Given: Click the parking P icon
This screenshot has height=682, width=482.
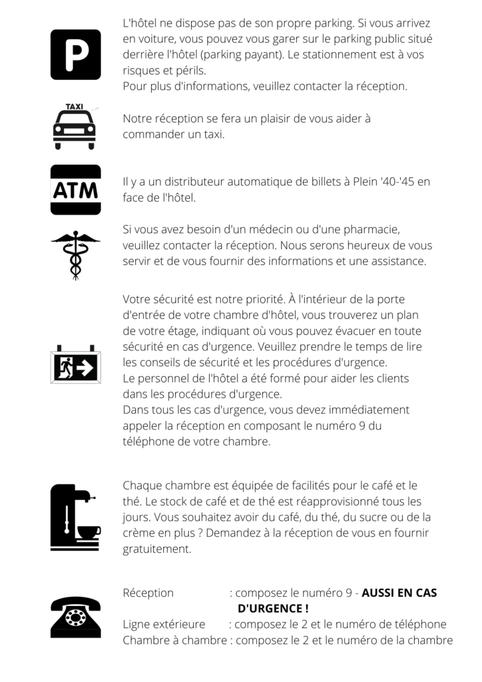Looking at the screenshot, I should (75, 55).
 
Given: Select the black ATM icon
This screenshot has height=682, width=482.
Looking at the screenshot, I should (75, 190).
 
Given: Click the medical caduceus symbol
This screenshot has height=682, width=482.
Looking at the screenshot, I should (75, 254).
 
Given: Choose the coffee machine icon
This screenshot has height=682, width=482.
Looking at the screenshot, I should (74, 517).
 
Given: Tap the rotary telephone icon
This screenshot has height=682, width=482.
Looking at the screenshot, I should (75, 617).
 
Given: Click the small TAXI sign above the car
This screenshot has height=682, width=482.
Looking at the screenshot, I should (75, 107).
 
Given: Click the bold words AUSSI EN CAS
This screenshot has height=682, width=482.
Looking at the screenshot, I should (399, 593).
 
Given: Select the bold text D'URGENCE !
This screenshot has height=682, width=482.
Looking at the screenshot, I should (273, 609).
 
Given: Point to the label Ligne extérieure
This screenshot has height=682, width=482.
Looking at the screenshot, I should (164, 625).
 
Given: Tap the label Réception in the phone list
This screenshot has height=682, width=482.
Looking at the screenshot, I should (148, 593).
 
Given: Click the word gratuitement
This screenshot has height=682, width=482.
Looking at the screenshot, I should (156, 549).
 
